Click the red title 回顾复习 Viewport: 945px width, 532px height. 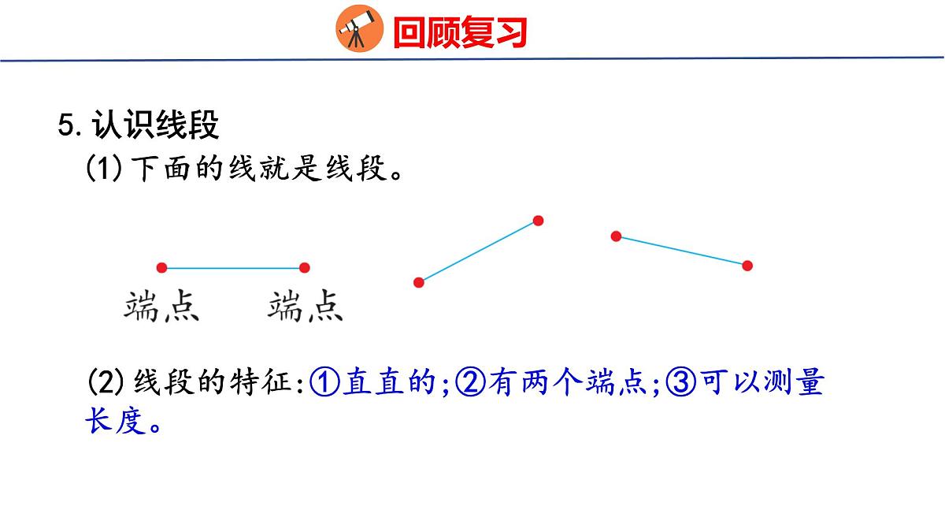pos(459,32)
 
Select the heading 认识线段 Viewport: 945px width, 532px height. pos(155,125)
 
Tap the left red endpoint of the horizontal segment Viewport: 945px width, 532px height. pos(161,268)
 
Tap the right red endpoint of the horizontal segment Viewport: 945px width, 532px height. pos(305,268)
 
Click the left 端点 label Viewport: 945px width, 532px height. pos(161,307)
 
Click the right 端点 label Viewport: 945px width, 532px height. pos(306,307)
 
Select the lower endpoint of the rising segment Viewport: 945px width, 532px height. pos(419,282)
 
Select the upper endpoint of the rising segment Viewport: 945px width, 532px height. pos(539,221)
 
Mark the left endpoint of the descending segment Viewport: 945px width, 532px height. pos(617,236)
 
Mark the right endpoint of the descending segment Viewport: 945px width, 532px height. pos(747,266)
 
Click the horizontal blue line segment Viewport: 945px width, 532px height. pos(233,268)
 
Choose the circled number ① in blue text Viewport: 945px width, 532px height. pos(324,384)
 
